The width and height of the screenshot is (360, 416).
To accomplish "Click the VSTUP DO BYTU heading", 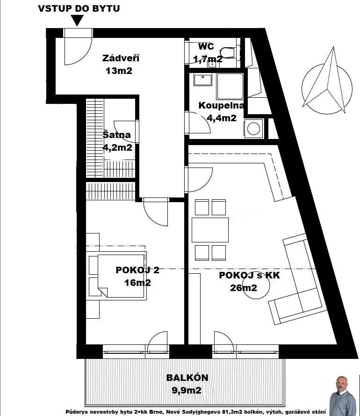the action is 79,8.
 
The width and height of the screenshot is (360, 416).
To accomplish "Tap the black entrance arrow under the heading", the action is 77,20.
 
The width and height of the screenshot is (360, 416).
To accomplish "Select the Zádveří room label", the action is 121,58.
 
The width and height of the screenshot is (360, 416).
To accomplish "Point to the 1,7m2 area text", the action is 208,59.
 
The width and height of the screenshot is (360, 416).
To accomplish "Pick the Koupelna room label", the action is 221,105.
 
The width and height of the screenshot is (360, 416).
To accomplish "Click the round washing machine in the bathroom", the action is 253,129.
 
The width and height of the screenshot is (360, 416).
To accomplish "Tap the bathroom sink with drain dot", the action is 203,80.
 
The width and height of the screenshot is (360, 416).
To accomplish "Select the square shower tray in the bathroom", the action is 230,87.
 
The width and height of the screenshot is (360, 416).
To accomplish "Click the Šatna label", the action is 116,134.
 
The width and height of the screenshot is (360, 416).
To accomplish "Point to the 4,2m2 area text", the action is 117,147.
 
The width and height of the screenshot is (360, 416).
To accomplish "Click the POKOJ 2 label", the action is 137,270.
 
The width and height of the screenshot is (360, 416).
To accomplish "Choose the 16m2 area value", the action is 137,283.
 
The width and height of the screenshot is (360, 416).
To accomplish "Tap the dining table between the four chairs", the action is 210,230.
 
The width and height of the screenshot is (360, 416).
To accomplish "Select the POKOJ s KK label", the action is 250,275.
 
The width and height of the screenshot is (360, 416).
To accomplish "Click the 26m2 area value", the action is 244,288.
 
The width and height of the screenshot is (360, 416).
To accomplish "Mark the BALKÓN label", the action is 187,378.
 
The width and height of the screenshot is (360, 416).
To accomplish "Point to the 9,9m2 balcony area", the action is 187,390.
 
